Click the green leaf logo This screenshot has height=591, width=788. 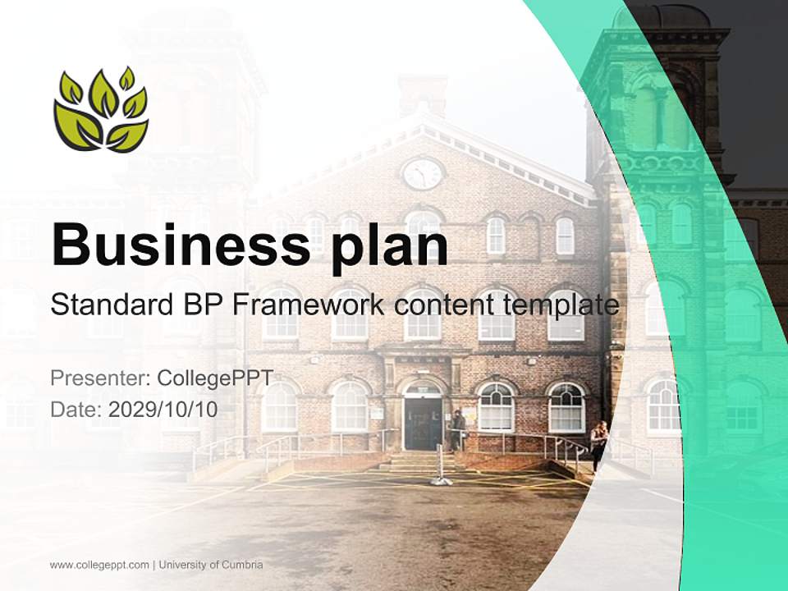(x=101, y=110)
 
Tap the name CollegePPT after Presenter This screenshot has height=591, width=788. (x=215, y=378)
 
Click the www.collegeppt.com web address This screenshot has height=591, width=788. (x=99, y=565)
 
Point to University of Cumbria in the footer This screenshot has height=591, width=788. (x=211, y=565)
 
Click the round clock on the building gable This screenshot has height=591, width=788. (x=423, y=173)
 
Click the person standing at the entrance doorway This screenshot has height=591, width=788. (x=457, y=429)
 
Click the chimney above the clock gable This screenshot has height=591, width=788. (x=423, y=94)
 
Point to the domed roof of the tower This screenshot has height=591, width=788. (x=666, y=15)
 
